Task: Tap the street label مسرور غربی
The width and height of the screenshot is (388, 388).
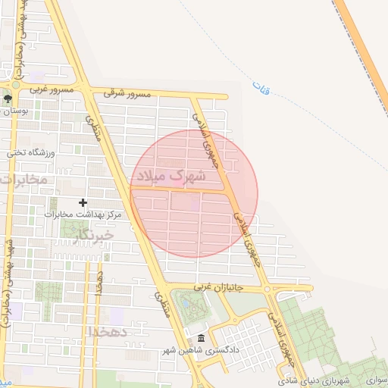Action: coord(52,89)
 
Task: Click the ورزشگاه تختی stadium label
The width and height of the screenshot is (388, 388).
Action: coord(33,152)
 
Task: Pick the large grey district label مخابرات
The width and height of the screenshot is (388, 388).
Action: coord(24,180)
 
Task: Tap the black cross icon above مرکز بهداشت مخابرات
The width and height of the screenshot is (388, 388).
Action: coord(83,202)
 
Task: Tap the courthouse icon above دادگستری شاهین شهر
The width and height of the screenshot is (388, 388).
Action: coord(200,339)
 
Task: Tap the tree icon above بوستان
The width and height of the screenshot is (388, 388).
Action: coord(8,99)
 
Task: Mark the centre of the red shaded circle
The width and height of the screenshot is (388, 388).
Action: coord(194,194)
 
